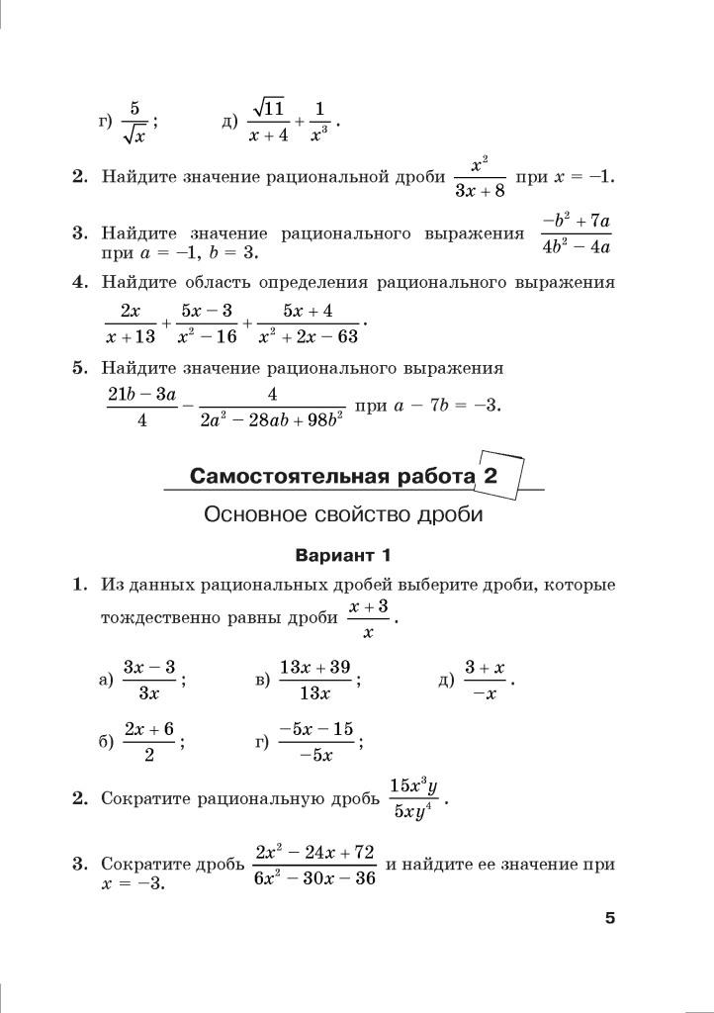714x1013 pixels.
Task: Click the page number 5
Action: pos(610,919)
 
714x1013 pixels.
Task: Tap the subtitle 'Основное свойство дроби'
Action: pos(343,515)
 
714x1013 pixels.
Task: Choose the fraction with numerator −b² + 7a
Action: pos(576,233)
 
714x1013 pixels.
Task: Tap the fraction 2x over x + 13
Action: pos(131,323)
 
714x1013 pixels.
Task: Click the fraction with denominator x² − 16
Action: pos(207,323)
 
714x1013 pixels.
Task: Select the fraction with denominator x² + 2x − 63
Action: pos(308,323)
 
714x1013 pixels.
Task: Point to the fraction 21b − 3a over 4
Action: pos(142,407)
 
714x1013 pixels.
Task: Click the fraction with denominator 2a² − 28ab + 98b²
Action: pos(271,407)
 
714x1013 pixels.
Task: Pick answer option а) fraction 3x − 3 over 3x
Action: pos(149,680)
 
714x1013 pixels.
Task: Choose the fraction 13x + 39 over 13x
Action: pos(314,680)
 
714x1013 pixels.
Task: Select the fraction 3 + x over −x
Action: pos(485,680)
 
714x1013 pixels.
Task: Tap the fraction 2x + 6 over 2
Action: pos(149,742)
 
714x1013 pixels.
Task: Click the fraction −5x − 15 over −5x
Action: pos(315,742)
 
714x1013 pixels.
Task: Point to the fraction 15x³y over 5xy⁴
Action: pos(413,799)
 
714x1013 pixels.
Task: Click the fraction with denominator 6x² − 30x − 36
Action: pos(314,865)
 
